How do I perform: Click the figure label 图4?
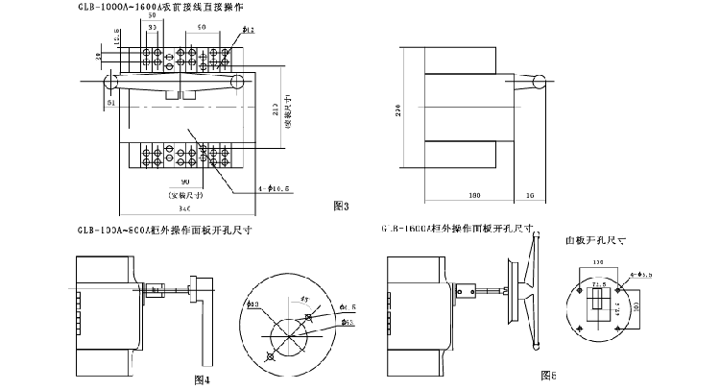[x=201, y=379]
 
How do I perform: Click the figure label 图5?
[x=549, y=374]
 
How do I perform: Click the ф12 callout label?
[x=247, y=31]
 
